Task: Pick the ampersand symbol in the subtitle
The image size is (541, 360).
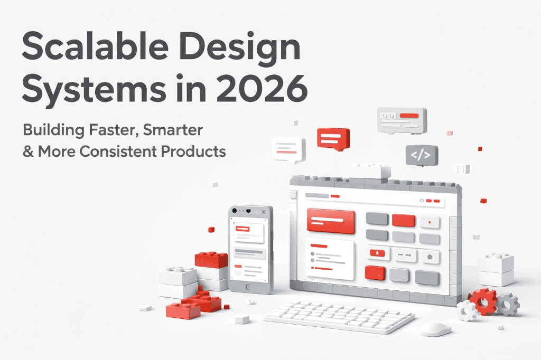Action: (x=27, y=152)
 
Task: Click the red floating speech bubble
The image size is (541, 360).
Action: (x=333, y=138)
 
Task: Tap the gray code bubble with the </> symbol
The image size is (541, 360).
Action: (x=422, y=155)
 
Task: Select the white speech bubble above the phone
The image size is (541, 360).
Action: (x=288, y=148)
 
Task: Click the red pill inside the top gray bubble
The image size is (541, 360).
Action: (x=413, y=116)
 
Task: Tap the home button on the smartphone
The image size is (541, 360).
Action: (x=250, y=286)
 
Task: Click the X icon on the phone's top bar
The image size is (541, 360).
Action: (x=264, y=212)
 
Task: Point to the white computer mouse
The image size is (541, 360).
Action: (x=436, y=328)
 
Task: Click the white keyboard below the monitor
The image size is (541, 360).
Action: (x=339, y=317)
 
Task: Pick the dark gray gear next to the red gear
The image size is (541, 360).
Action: (x=508, y=304)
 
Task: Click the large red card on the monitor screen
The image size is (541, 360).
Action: (x=331, y=221)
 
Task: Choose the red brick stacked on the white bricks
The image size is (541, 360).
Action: (x=211, y=259)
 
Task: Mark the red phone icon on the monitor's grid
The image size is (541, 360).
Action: (x=377, y=254)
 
